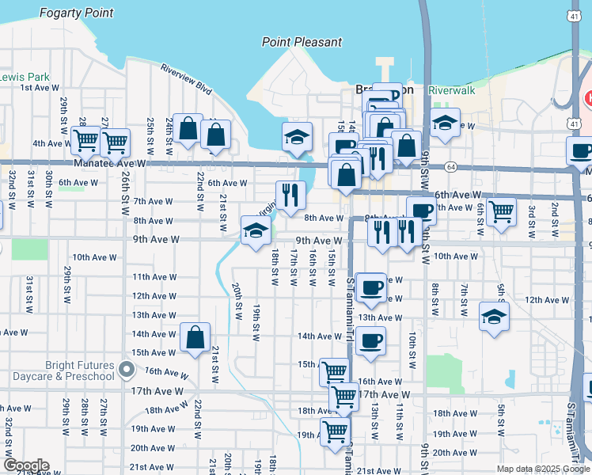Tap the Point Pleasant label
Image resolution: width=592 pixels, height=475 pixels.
[x=302, y=41]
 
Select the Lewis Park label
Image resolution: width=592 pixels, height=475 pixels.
[x=25, y=77]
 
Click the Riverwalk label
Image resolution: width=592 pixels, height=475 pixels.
[x=452, y=90]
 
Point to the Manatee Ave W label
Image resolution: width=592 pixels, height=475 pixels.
[x=111, y=162]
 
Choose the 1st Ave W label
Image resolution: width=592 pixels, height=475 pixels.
[x=37, y=87]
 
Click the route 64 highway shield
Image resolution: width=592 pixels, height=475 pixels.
[x=450, y=167]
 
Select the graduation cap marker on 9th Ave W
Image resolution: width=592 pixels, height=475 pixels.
[x=257, y=230]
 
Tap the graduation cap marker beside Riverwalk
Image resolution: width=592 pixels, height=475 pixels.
[x=446, y=123]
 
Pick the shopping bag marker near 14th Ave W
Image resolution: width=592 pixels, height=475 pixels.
[x=195, y=337]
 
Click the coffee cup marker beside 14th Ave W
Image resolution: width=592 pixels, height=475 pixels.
[x=370, y=341]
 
